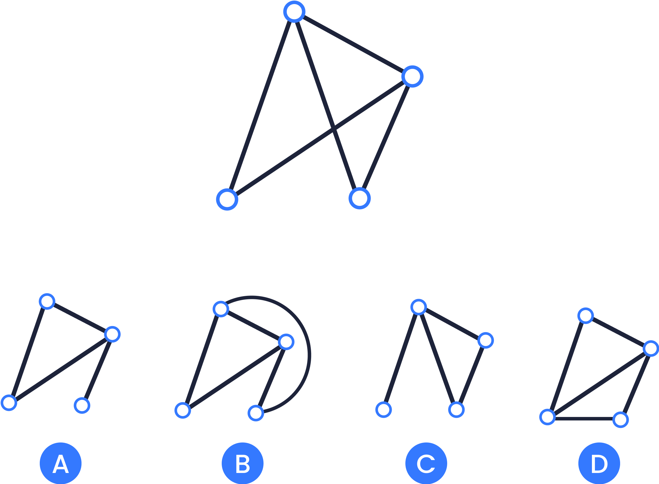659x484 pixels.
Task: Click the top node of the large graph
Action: [x=294, y=12]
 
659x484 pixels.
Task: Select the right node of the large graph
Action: [x=412, y=76]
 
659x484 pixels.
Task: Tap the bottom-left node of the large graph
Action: [x=227, y=199]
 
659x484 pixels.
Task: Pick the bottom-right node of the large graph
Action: [x=360, y=199]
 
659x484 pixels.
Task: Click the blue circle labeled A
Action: [x=61, y=463]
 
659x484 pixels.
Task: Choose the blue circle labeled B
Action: [x=242, y=463]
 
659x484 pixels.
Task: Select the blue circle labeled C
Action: [x=426, y=463]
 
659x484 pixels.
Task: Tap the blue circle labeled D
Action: [x=599, y=463]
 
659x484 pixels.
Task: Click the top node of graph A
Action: [x=47, y=301]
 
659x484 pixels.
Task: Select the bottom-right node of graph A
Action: [x=82, y=406]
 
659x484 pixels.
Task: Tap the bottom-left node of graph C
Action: [x=384, y=410]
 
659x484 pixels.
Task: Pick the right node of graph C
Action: [x=486, y=341]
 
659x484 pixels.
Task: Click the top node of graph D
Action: [x=586, y=316]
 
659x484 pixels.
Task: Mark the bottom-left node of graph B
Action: [x=183, y=410]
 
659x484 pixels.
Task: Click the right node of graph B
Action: [x=286, y=342]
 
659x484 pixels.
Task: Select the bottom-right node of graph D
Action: [x=621, y=420]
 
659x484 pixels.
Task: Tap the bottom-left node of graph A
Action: [x=9, y=403]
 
